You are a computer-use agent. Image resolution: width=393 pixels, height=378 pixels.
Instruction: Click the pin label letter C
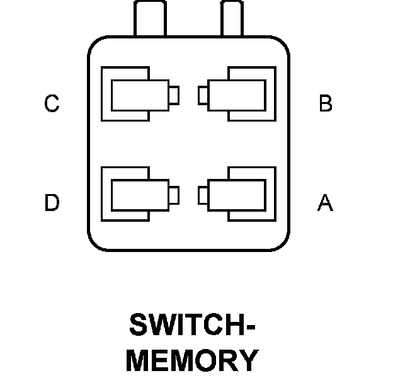pos(52,103)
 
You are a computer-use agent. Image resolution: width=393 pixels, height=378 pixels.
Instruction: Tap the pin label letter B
pos(326,103)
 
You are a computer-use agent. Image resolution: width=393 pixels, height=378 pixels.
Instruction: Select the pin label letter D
pos(52,202)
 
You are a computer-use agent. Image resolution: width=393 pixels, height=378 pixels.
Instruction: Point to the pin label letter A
pos(326,202)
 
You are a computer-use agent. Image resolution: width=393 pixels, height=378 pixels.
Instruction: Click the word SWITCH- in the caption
pos(192,324)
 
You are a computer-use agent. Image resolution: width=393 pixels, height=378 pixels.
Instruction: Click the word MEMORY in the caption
pos(192,360)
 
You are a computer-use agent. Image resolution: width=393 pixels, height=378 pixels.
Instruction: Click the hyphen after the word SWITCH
pos(251,327)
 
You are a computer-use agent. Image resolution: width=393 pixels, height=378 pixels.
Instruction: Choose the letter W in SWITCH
pos(164,324)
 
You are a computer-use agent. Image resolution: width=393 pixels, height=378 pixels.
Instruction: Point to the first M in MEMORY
pos(138,360)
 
